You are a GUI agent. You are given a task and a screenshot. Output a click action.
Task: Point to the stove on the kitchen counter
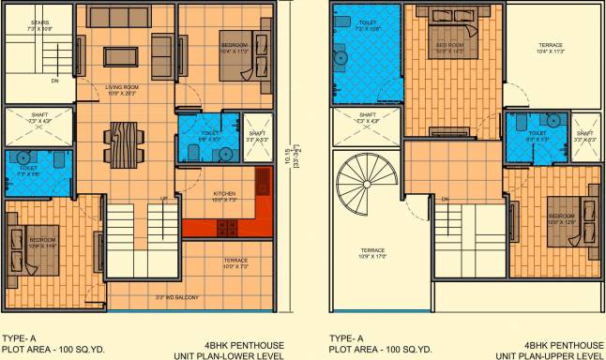(224, 226)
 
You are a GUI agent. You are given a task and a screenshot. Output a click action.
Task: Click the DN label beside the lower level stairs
(54, 81)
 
